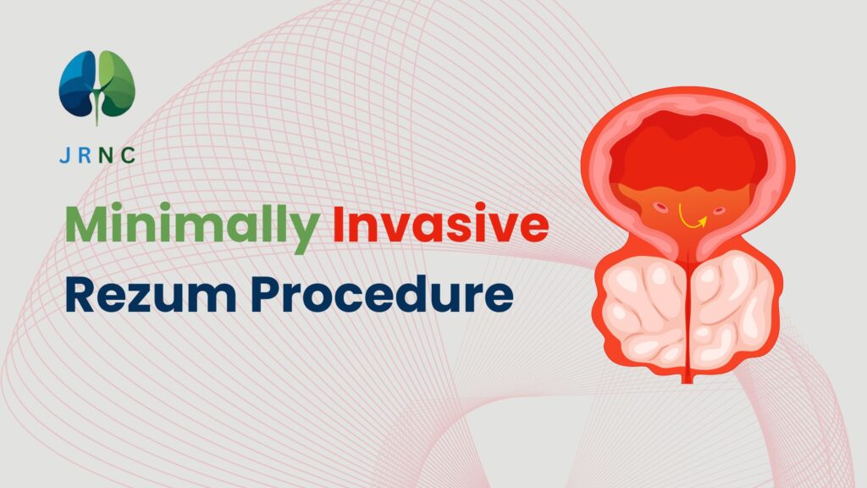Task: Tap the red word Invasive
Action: click(440, 224)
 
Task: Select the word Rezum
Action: click(151, 295)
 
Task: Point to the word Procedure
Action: click(382, 294)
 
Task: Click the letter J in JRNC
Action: click(64, 156)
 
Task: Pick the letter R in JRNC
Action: click(86, 156)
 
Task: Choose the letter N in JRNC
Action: click(106, 156)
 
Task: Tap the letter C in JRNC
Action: click(128, 156)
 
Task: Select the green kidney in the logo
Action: click(117, 83)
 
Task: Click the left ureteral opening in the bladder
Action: click(660, 208)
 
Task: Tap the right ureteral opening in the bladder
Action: click(718, 210)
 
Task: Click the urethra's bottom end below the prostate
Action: click(687, 380)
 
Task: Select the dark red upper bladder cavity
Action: click(688, 149)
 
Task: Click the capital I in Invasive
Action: click(338, 224)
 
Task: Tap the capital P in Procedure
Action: click(265, 296)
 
